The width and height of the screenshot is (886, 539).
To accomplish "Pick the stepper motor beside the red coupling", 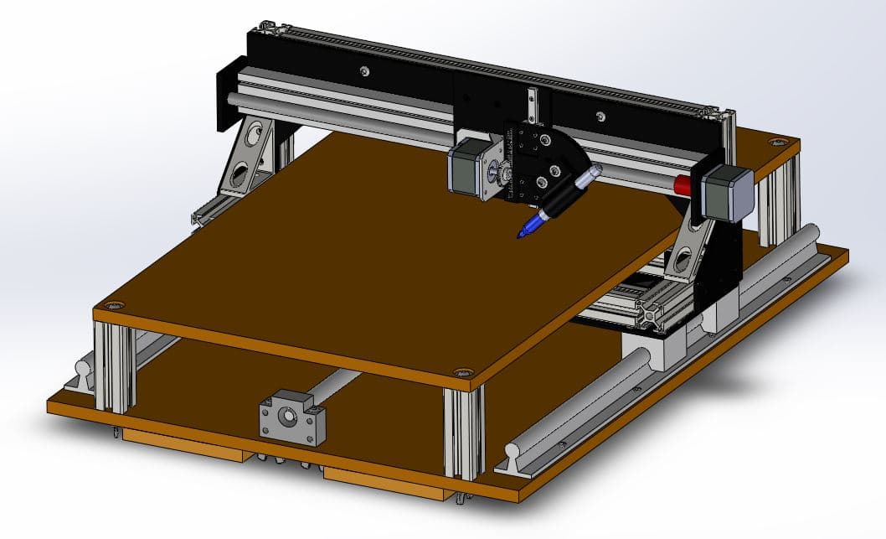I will coord(726,193).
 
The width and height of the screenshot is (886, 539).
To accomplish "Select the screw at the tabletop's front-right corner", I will coord(461,372).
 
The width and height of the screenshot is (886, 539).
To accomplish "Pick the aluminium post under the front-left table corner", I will coord(115,366).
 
